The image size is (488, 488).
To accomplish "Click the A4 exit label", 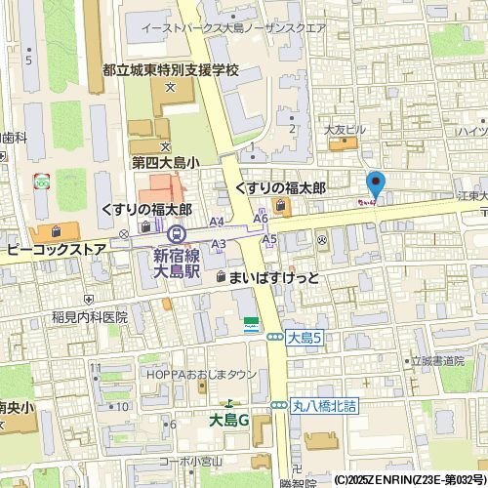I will pos(217,223).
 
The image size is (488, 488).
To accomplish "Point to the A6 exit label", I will pos(261,219).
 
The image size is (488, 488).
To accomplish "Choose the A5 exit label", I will pos(270,238).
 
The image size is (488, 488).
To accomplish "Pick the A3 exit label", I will pos(219,243).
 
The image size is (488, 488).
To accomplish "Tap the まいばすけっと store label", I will pos(273,278).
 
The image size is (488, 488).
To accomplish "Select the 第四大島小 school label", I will pos(165,164).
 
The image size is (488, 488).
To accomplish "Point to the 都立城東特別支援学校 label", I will pos(171,71).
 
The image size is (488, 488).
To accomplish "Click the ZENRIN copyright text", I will pos(410,480).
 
